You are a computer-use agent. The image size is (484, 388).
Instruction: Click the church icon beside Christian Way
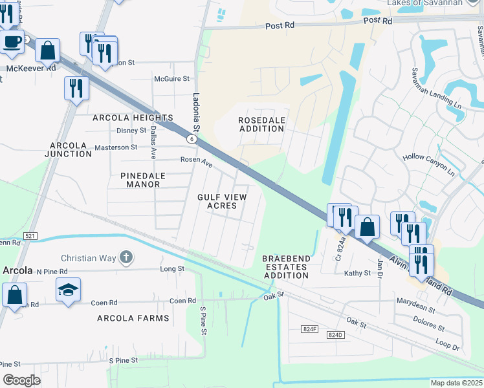126,258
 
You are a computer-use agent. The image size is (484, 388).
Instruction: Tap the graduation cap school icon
68,289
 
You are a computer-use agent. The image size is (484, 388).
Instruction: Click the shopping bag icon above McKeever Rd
48,50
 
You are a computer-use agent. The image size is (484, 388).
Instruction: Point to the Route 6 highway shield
192,139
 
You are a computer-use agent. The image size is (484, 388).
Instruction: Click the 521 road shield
30,237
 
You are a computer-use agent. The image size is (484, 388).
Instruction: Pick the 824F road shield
310,329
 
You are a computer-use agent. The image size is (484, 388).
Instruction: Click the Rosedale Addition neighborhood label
261,124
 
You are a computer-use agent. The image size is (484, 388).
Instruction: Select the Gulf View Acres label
221,200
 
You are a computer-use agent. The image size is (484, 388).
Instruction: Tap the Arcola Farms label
133,318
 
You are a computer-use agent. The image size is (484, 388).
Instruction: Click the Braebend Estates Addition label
286,266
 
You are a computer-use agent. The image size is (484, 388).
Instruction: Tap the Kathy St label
358,274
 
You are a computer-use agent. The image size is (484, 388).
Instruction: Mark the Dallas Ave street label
153,142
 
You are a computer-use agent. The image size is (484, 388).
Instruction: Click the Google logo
21,380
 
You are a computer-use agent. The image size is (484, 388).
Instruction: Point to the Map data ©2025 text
456,383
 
